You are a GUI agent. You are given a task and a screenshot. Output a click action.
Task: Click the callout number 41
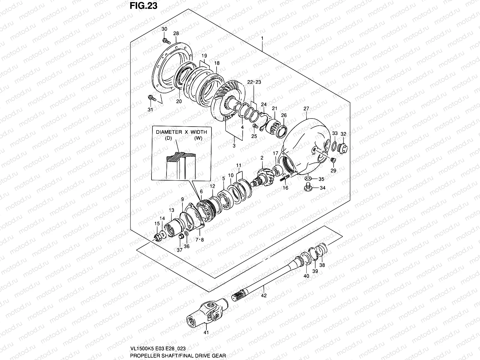206,341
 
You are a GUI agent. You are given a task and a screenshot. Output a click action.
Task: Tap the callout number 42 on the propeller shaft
264,295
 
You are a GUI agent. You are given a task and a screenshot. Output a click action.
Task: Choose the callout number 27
306,108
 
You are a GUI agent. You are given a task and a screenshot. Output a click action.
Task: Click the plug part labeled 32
342,148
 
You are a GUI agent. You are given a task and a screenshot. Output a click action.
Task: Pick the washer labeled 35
307,179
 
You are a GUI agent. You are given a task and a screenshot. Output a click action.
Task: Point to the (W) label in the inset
198,138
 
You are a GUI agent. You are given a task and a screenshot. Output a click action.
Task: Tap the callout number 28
176,33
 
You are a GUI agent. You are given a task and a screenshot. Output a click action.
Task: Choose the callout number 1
262,38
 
